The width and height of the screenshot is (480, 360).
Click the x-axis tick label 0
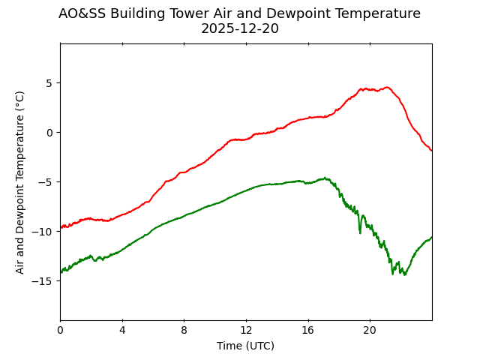[60, 330]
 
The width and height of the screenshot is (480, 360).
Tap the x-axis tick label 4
[122, 330]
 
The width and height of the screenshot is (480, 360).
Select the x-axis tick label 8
[184, 330]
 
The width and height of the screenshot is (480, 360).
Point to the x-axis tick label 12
[246, 330]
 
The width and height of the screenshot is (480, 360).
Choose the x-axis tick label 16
[308, 330]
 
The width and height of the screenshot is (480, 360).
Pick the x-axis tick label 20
[370, 330]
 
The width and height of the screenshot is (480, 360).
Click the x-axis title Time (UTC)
[245, 346]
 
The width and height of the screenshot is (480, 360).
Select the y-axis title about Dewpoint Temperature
[20, 182]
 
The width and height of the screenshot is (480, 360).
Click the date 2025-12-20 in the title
[239, 29]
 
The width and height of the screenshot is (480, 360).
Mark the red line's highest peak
[387, 87]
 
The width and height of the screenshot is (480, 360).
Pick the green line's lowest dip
[405, 274]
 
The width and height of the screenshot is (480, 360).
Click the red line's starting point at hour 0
[61, 227]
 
